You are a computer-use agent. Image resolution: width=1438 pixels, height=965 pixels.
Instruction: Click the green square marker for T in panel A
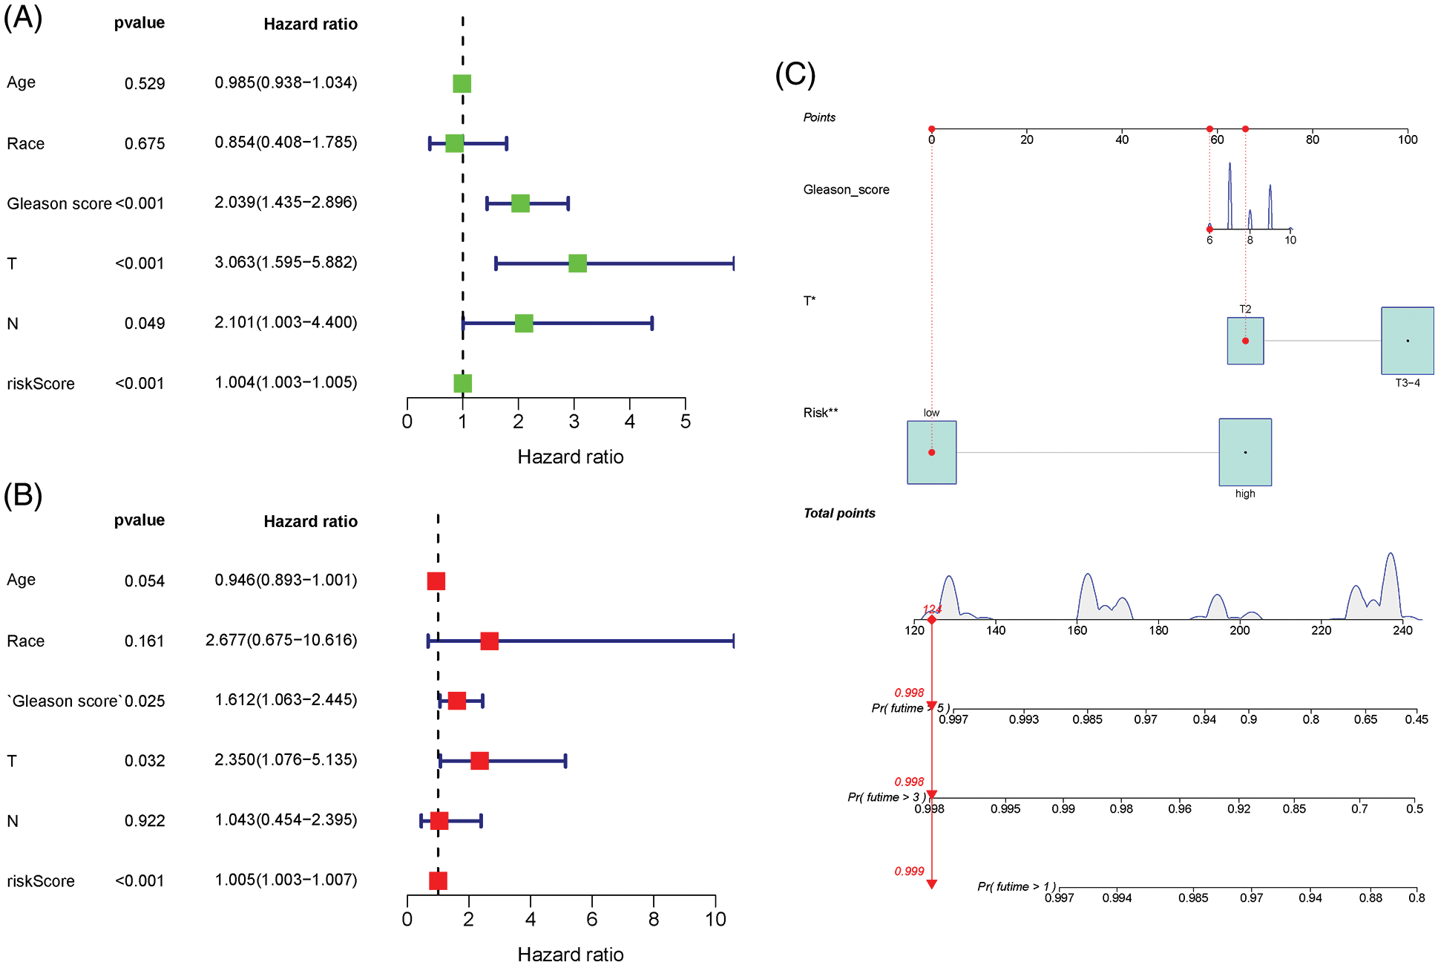(x=577, y=263)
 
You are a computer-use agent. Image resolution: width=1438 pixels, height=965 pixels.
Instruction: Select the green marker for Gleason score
(x=520, y=203)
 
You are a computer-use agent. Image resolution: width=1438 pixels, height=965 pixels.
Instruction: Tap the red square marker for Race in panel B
(x=489, y=641)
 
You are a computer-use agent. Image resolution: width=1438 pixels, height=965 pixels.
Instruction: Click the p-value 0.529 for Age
(x=145, y=83)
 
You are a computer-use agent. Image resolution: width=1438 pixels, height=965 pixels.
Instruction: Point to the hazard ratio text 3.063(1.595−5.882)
(x=286, y=263)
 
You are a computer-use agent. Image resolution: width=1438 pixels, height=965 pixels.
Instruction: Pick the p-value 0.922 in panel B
(x=145, y=821)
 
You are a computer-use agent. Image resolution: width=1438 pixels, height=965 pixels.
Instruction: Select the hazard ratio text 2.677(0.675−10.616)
(x=281, y=641)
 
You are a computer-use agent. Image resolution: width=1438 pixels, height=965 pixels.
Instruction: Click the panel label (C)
(x=795, y=74)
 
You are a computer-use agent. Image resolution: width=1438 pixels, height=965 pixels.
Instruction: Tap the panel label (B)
(x=22, y=495)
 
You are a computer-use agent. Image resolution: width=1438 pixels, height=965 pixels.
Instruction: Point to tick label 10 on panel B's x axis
(x=715, y=920)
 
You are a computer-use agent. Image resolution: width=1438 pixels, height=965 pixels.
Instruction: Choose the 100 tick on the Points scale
(x=1407, y=140)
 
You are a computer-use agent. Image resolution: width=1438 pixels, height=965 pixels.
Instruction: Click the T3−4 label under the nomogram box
(x=1407, y=383)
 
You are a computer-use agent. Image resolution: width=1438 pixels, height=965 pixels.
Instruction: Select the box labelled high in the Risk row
(x=1244, y=452)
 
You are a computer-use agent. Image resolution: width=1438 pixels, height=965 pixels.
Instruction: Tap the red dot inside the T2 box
(x=1245, y=341)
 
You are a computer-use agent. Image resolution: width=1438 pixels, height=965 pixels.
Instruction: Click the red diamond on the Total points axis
(x=931, y=620)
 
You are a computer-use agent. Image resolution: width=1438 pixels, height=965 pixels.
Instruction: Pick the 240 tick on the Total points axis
(x=1402, y=631)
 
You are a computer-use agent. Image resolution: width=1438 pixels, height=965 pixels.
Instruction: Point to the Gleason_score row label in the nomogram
(x=846, y=190)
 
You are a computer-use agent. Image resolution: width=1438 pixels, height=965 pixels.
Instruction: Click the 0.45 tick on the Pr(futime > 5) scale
(x=1416, y=719)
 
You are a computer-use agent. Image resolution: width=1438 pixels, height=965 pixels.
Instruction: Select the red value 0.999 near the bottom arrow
(x=909, y=871)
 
